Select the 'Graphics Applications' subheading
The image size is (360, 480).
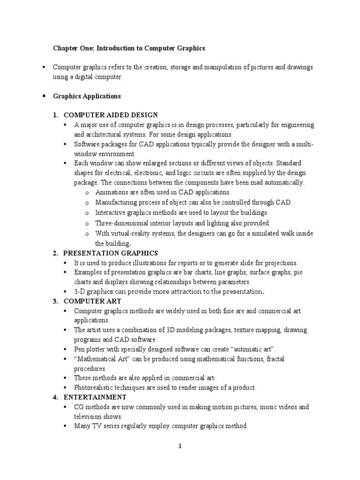pos(87,96)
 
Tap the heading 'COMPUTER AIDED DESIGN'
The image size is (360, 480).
pos(111,115)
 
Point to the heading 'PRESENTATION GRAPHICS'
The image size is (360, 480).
pos(111,253)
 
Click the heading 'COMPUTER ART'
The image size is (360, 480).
pos(92,301)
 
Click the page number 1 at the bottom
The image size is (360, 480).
pos(180,446)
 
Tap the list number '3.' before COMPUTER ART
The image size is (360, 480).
pos(55,301)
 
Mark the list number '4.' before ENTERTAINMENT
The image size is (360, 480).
pos(55,397)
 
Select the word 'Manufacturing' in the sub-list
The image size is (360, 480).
pos(116,202)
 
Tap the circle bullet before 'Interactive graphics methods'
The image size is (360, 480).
pos(87,213)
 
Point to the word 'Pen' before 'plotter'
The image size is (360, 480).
pos(80,350)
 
